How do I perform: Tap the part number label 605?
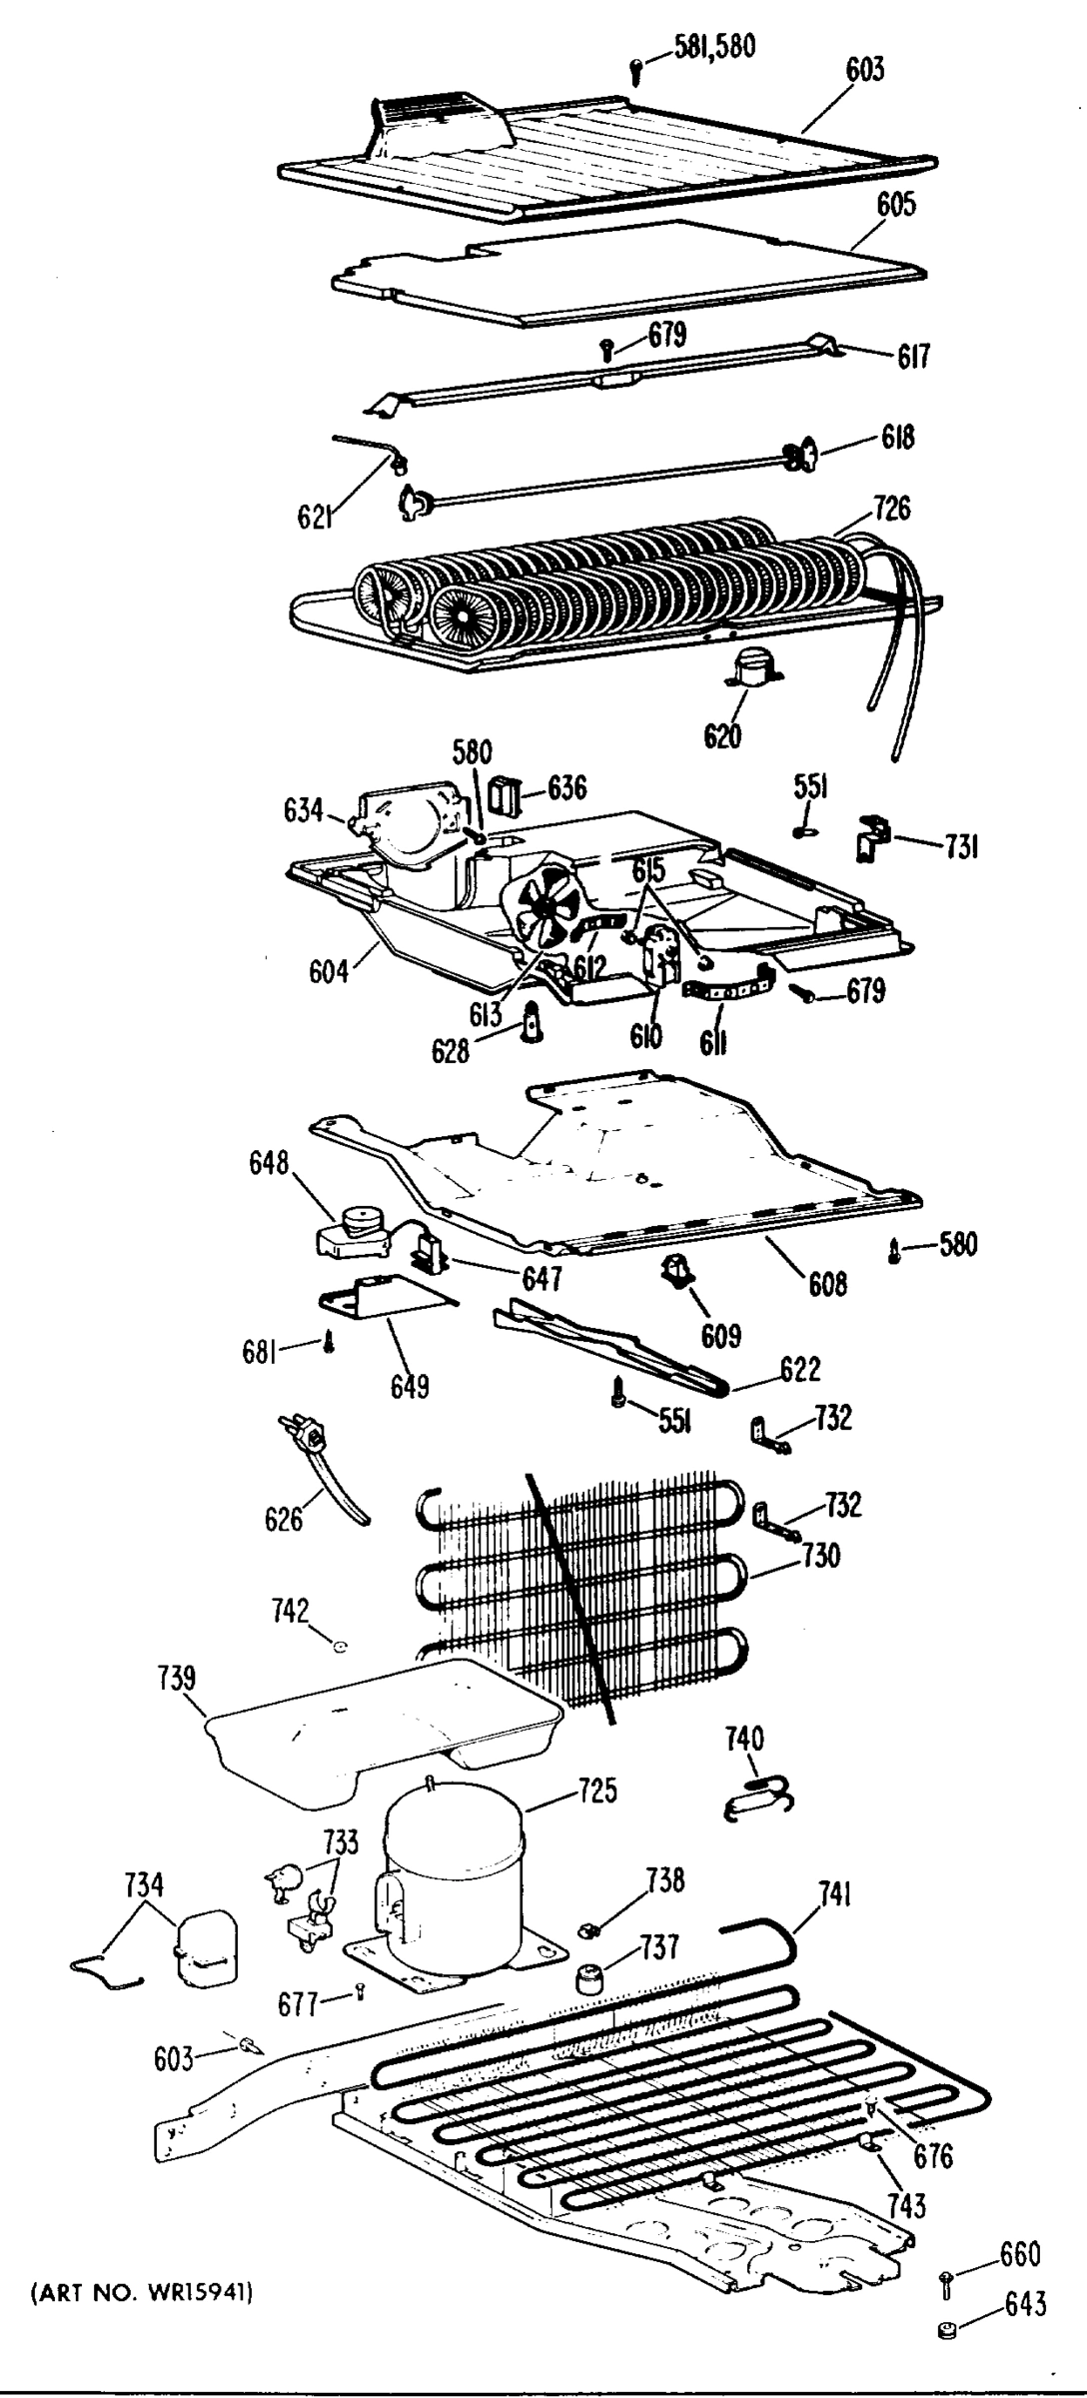[x=896, y=205]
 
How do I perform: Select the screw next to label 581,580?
[x=635, y=68]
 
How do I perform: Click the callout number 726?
[x=891, y=509]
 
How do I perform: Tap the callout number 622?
[x=800, y=1370]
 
